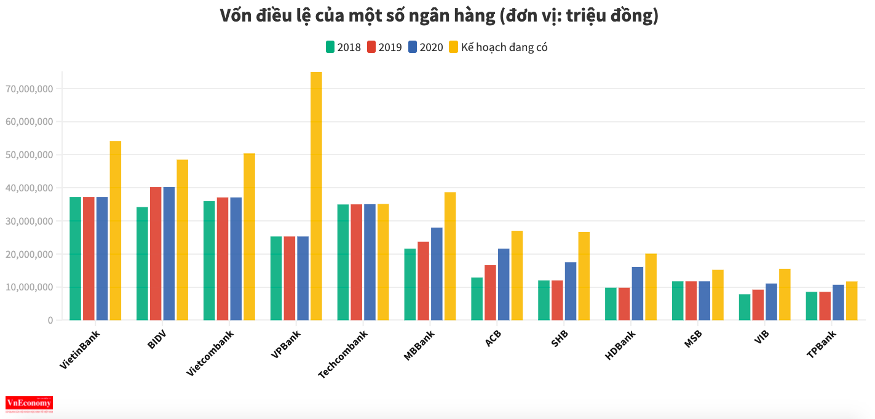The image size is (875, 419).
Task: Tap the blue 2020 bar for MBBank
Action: (x=437, y=274)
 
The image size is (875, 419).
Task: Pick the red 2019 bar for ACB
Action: (x=490, y=292)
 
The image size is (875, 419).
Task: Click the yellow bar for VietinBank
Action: (x=116, y=230)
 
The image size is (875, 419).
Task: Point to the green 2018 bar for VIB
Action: (x=745, y=307)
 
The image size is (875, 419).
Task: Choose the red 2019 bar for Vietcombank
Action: (x=223, y=258)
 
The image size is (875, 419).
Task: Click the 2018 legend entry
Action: (x=343, y=47)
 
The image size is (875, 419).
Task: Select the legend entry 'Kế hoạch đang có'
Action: (x=497, y=47)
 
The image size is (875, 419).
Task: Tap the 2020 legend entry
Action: (x=426, y=47)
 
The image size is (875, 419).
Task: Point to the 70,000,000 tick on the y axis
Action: (x=29, y=89)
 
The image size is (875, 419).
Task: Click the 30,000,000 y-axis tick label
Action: (x=29, y=221)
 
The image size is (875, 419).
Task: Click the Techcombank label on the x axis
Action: (x=343, y=355)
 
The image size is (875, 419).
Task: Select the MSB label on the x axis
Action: (x=693, y=339)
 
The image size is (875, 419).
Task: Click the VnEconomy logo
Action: (x=29, y=404)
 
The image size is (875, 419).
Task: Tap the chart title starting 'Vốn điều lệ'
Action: (x=439, y=16)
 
